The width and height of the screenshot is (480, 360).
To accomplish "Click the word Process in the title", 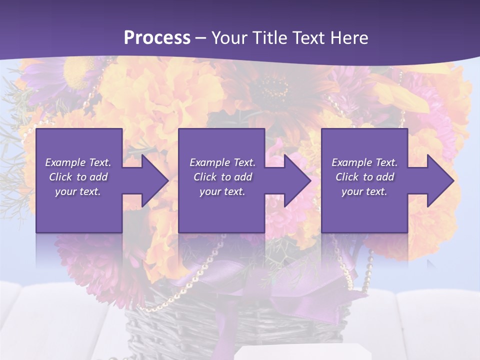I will tap(157, 38).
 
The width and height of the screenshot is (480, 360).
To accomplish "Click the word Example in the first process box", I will tap(64, 162).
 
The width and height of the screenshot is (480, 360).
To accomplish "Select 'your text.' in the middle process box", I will tap(222, 191).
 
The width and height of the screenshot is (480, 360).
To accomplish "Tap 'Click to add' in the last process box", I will tap(364, 177).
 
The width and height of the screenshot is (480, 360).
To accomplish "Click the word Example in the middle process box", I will tap(209, 162).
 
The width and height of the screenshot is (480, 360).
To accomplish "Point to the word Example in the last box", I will tap(351, 162).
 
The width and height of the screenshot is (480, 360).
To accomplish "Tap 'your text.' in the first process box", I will tap(78, 191).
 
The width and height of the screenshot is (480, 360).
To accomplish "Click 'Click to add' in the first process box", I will tap(78, 177).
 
